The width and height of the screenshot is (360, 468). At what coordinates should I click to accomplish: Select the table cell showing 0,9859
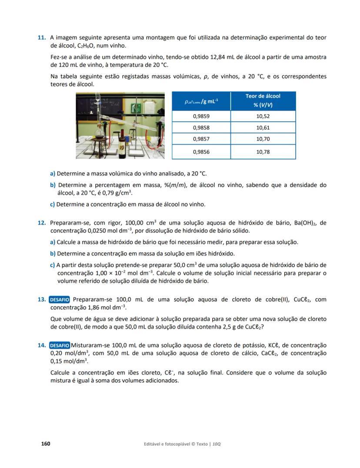pos(201,116)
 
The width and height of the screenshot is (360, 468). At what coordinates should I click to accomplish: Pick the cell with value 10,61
pos(263,127)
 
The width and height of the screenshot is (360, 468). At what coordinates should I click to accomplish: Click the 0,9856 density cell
pos(201,152)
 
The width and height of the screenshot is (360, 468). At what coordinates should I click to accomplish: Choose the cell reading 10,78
pos(263,152)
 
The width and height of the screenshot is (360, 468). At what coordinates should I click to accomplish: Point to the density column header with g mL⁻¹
pos(201,101)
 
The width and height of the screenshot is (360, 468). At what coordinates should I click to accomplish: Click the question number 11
pos(42,38)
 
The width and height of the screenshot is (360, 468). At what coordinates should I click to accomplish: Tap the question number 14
pos(42,345)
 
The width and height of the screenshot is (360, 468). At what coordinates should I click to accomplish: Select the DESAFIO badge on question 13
pos(60,299)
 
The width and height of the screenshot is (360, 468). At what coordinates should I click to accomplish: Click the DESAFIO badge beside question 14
pos(60,345)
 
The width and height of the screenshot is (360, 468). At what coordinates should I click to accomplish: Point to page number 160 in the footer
pos(45,444)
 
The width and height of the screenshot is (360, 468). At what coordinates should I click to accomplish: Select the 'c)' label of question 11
pos(53,204)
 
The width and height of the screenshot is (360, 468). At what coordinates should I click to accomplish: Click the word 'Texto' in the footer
pos(201,444)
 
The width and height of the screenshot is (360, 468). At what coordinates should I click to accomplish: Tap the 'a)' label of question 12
pos(53,242)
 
